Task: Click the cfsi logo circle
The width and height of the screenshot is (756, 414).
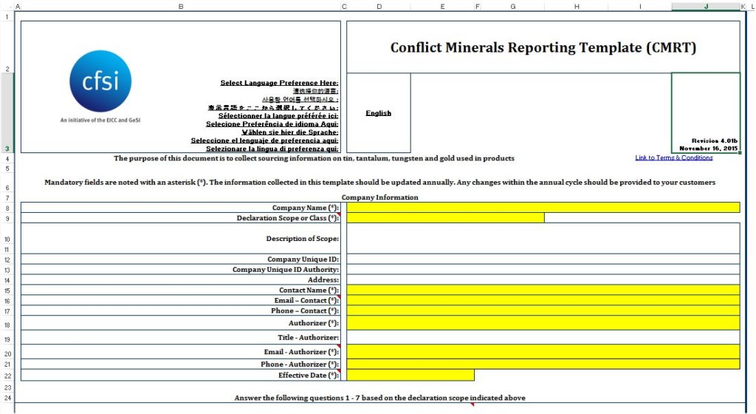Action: coord(100,81)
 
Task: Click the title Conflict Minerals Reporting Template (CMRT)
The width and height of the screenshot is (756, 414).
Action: coord(543,48)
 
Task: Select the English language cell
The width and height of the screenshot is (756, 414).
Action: coord(378,113)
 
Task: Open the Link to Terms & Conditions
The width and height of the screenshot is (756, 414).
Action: coord(673,157)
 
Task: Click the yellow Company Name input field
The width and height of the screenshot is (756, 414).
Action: coord(543,208)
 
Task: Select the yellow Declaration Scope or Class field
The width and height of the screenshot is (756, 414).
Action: coord(445,218)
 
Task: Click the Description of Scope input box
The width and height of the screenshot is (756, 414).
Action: coord(543,238)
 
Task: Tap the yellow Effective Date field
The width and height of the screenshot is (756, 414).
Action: coord(410,375)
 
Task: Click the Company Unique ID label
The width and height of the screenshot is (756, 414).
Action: coord(303,259)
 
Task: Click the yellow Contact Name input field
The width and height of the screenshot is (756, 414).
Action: coord(543,291)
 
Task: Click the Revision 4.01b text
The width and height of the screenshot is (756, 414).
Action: coord(715,140)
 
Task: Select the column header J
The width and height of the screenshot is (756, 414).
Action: coord(706,7)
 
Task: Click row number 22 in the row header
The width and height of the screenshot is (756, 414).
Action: coord(6,375)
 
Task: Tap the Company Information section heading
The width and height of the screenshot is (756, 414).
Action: coord(379,197)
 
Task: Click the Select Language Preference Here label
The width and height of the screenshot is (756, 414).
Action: coord(279,83)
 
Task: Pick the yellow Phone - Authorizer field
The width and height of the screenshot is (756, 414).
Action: coord(543,364)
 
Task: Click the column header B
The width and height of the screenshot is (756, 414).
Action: coord(180,7)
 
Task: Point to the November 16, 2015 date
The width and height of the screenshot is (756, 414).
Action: coord(709,149)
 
